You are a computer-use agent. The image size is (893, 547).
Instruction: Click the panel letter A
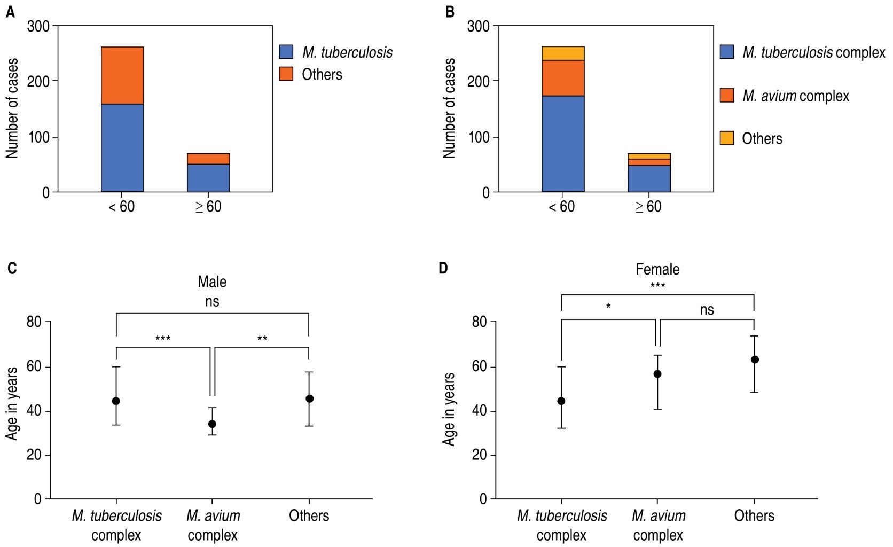click(11, 12)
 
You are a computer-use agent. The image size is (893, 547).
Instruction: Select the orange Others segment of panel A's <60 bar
click(122, 75)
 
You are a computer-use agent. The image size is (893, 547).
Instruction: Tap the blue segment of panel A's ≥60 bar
click(208, 178)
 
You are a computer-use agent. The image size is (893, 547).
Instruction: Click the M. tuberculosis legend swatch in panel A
click(286, 52)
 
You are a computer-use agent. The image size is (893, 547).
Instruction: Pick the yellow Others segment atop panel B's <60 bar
click(563, 53)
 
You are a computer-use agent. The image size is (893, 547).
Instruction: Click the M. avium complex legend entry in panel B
click(795, 96)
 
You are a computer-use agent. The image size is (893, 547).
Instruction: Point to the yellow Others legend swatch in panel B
click(727, 138)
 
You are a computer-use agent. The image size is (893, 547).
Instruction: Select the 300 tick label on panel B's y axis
click(479, 26)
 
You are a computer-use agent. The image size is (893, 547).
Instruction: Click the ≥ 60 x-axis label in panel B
click(648, 207)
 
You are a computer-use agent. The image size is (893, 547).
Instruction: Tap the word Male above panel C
click(212, 282)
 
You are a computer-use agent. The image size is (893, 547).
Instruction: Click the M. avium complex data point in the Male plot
click(212, 424)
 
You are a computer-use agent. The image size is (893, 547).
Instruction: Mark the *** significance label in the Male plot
click(163, 338)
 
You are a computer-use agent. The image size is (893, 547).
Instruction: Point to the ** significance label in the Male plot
click(262, 338)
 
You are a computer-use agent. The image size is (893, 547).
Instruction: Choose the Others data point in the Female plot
click(755, 360)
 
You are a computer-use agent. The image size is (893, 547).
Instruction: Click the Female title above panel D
click(657, 269)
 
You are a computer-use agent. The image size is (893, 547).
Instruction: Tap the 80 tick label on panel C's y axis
click(34, 322)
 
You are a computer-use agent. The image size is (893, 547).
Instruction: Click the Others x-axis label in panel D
click(754, 515)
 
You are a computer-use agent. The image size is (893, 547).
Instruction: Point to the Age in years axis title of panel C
click(12, 403)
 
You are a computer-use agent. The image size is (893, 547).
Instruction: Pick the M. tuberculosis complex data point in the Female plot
click(561, 401)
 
